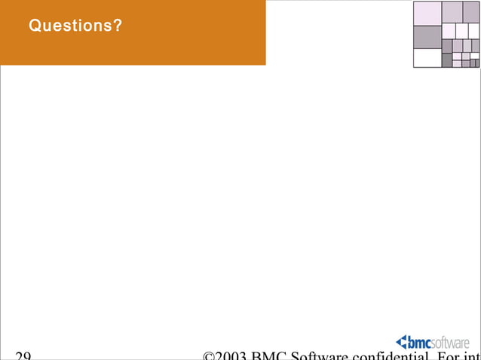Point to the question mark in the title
(x=118, y=26)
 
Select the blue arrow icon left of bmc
(x=401, y=342)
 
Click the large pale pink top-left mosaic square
(x=427, y=13)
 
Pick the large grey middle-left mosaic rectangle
(x=427, y=37)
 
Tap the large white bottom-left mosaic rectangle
(x=427, y=58)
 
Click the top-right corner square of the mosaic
(x=471, y=12)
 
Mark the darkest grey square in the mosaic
(x=446, y=60)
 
